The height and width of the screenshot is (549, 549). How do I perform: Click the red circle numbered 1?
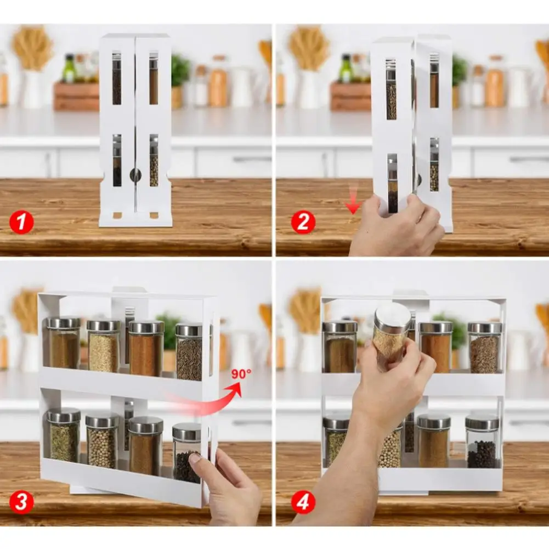[21, 222]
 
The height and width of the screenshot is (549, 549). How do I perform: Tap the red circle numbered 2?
[303, 222]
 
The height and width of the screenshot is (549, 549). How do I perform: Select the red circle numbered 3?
[21, 502]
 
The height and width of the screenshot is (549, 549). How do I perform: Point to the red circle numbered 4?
[303, 502]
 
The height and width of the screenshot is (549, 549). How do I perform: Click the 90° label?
[241, 374]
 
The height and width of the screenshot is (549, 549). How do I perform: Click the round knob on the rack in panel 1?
[135, 174]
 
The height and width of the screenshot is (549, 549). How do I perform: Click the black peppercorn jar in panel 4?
[482, 442]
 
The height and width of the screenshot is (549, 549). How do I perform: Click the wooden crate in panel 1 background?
[76, 97]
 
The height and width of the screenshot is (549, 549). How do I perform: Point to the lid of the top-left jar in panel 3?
[64, 322]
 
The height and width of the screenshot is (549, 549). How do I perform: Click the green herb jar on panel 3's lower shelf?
[64, 436]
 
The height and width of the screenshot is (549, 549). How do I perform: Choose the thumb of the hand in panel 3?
[196, 462]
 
